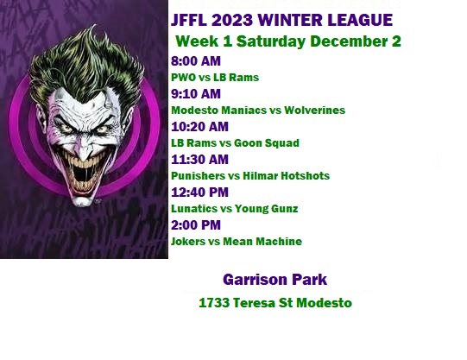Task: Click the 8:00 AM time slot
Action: pyautogui.click(x=196, y=61)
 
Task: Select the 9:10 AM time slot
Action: pyautogui.click(x=196, y=94)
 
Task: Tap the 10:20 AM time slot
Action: pyautogui.click(x=199, y=127)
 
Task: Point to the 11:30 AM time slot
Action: pyautogui.click(x=199, y=160)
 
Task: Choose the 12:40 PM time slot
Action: pyautogui.click(x=199, y=192)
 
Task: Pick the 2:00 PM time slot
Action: pyautogui.click(x=196, y=224)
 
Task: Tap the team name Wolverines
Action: pyautogui.click(x=314, y=111)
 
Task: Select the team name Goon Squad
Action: pyautogui.click(x=267, y=143)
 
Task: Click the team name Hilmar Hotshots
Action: pyautogui.click(x=287, y=175)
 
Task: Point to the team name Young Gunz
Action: pyautogui.click(x=266, y=208)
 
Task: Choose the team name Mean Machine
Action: pyautogui.click(x=262, y=241)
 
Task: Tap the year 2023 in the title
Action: pyautogui.click(x=232, y=20)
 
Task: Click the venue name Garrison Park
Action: pyautogui.click(x=275, y=280)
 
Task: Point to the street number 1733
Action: pyautogui.click(x=214, y=303)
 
